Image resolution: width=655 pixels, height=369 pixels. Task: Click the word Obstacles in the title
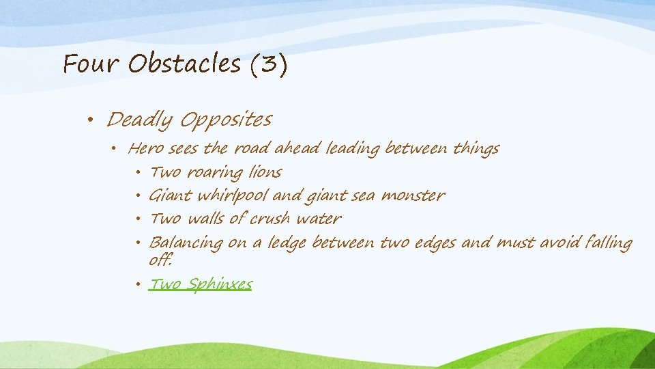(x=184, y=64)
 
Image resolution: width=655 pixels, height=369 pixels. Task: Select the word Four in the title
(x=91, y=64)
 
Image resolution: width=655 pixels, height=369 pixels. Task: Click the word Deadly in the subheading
(x=140, y=121)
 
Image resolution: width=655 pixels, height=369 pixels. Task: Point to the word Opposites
(x=226, y=121)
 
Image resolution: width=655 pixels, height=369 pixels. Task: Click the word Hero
(x=145, y=148)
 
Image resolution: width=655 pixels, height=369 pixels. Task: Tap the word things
(x=476, y=148)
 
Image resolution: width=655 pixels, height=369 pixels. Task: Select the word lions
(x=265, y=172)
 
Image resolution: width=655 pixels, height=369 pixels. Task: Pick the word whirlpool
(x=233, y=196)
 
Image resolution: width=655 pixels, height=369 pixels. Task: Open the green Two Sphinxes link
(x=201, y=284)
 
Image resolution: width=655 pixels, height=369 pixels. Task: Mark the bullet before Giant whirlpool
(x=139, y=197)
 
